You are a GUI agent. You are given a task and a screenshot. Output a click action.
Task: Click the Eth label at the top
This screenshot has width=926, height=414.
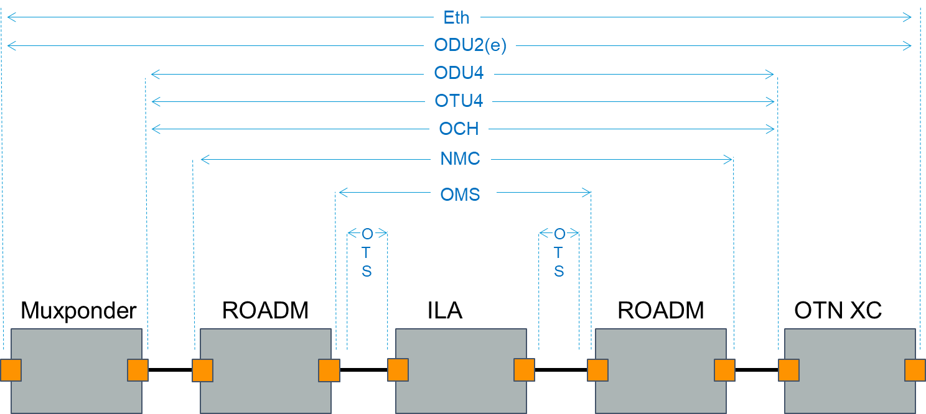(x=457, y=17)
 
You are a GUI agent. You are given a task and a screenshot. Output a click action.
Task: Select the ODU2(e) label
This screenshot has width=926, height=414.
(x=470, y=45)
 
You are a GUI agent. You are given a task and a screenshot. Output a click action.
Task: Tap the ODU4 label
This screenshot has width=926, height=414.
(x=459, y=73)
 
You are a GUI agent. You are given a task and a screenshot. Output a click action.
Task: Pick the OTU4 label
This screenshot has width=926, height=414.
(x=459, y=101)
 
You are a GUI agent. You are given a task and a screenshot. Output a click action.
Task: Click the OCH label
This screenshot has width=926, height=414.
(x=459, y=129)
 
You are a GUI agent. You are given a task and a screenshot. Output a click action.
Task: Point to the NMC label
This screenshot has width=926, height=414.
(x=461, y=159)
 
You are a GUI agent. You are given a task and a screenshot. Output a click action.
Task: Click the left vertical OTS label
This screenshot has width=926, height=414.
(x=367, y=252)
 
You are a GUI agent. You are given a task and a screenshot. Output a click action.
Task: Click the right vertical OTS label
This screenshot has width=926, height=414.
(x=559, y=252)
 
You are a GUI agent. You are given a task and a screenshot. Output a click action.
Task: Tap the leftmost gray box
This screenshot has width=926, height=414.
(x=76, y=370)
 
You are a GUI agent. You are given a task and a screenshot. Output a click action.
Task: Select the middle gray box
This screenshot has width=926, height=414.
(x=461, y=370)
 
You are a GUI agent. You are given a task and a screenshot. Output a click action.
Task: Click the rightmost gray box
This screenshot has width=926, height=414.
(x=849, y=370)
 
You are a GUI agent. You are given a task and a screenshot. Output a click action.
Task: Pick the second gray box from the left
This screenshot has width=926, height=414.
(x=265, y=370)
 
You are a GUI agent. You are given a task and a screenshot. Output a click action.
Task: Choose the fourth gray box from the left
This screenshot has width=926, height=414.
(x=660, y=370)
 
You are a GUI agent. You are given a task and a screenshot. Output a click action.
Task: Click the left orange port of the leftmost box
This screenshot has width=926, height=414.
(x=11, y=370)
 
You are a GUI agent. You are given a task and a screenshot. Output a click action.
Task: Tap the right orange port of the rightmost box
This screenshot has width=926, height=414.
(x=915, y=370)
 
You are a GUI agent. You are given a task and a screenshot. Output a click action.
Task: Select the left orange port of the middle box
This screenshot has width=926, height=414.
(x=398, y=370)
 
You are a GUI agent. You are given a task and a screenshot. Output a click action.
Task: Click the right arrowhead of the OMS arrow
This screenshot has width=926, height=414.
(x=587, y=193)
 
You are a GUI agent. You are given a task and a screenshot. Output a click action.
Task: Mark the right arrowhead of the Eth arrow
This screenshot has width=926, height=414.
(x=908, y=18)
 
